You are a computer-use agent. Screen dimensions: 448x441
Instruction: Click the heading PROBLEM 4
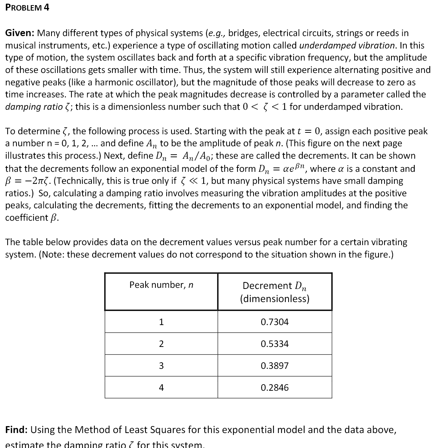tap(27, 8)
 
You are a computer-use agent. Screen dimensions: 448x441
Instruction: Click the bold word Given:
tap(20, 33)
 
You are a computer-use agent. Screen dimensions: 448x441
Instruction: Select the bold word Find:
tap(16, 430)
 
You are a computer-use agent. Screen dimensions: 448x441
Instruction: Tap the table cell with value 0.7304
tap(274, 322)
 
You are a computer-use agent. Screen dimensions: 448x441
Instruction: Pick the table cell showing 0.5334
tap(274, 344)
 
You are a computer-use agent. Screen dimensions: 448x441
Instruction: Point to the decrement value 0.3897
tap(274, 366)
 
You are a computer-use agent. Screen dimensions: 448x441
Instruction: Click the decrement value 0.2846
tap(274, 387)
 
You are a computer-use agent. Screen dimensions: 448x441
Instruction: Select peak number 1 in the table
tap(161, 322)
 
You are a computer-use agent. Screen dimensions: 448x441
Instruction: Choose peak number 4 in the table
tap(161, 387)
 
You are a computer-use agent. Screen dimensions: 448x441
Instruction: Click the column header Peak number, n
tap(161, 285)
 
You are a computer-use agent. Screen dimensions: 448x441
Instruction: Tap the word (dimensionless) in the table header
tap(274, 299)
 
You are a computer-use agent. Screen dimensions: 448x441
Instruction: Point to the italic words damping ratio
tap(31, 107)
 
